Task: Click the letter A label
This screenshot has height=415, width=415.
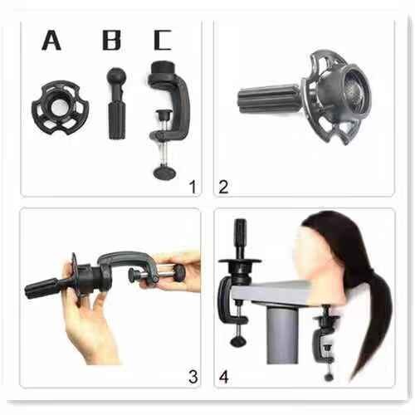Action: click(51, 41)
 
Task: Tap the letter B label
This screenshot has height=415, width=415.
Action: click(111, 41)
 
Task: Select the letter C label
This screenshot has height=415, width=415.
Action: click(163, 41)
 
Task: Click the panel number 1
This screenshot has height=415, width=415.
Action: click(193, 187)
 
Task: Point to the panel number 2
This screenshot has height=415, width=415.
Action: click(223, 187)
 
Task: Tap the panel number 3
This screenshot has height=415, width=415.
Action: click(193, 377)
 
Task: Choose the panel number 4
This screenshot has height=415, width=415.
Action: click(224, 377)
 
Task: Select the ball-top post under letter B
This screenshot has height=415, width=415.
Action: click(116, 104)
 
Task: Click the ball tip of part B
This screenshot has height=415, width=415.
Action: click(116, 76)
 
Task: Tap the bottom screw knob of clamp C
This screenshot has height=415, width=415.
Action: click(164, 172)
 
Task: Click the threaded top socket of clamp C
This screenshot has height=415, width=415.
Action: click(162, 69)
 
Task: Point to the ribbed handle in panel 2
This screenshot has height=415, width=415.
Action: click(268, 99)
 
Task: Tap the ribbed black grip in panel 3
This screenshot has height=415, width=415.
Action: click(41, 289)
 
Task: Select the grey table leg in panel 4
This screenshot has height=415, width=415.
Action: click(282, 334)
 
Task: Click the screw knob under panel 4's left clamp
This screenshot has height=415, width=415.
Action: click(238, 341)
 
